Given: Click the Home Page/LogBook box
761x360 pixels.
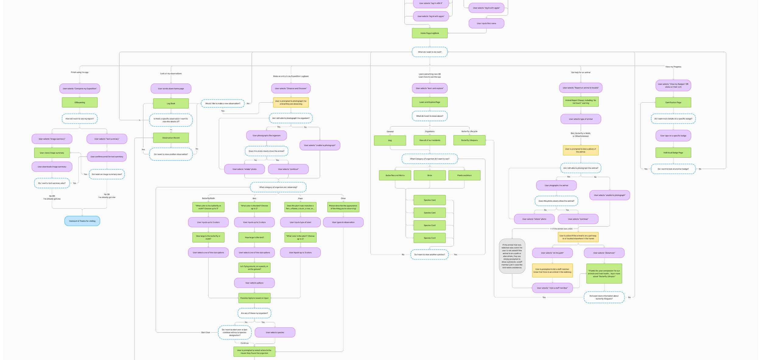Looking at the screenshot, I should (x=430, y=33).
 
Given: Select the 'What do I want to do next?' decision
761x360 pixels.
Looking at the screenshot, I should (x=430, y=52).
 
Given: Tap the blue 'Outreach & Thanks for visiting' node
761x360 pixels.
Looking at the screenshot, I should (x=82, y=221).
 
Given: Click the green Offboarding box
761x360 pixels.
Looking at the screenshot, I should (x=80, y=102).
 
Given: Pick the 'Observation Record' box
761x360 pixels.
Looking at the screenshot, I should (x=171, y=138).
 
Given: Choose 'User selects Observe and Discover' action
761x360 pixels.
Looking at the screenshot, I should (x=291, y=88).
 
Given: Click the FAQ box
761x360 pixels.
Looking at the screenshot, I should (x=390, y=140).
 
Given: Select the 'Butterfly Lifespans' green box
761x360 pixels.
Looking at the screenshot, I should (x=469, y=140).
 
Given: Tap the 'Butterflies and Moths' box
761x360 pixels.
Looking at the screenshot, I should (x=395, y=175).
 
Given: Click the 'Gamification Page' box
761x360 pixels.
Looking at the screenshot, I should (x=673, y=102).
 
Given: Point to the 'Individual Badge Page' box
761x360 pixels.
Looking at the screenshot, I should (x=673, y=153).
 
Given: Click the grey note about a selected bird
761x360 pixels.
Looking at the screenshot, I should (x=512, y=256).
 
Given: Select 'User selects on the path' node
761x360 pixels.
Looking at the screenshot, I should (x=552, y=253).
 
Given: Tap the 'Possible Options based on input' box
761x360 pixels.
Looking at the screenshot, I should (x=254, y=298).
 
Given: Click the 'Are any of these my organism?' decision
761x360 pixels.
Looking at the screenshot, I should (x=254, y=313).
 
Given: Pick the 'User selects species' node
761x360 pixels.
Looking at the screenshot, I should (x=275, y=333).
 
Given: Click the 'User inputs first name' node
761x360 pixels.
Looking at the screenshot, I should (x=486, y=23).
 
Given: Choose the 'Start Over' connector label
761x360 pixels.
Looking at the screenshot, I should (x=205, y=333).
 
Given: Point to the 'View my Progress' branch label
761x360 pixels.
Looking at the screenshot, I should (x=673, y=67).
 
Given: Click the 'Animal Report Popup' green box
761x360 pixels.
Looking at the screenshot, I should (x=580, y=102).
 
